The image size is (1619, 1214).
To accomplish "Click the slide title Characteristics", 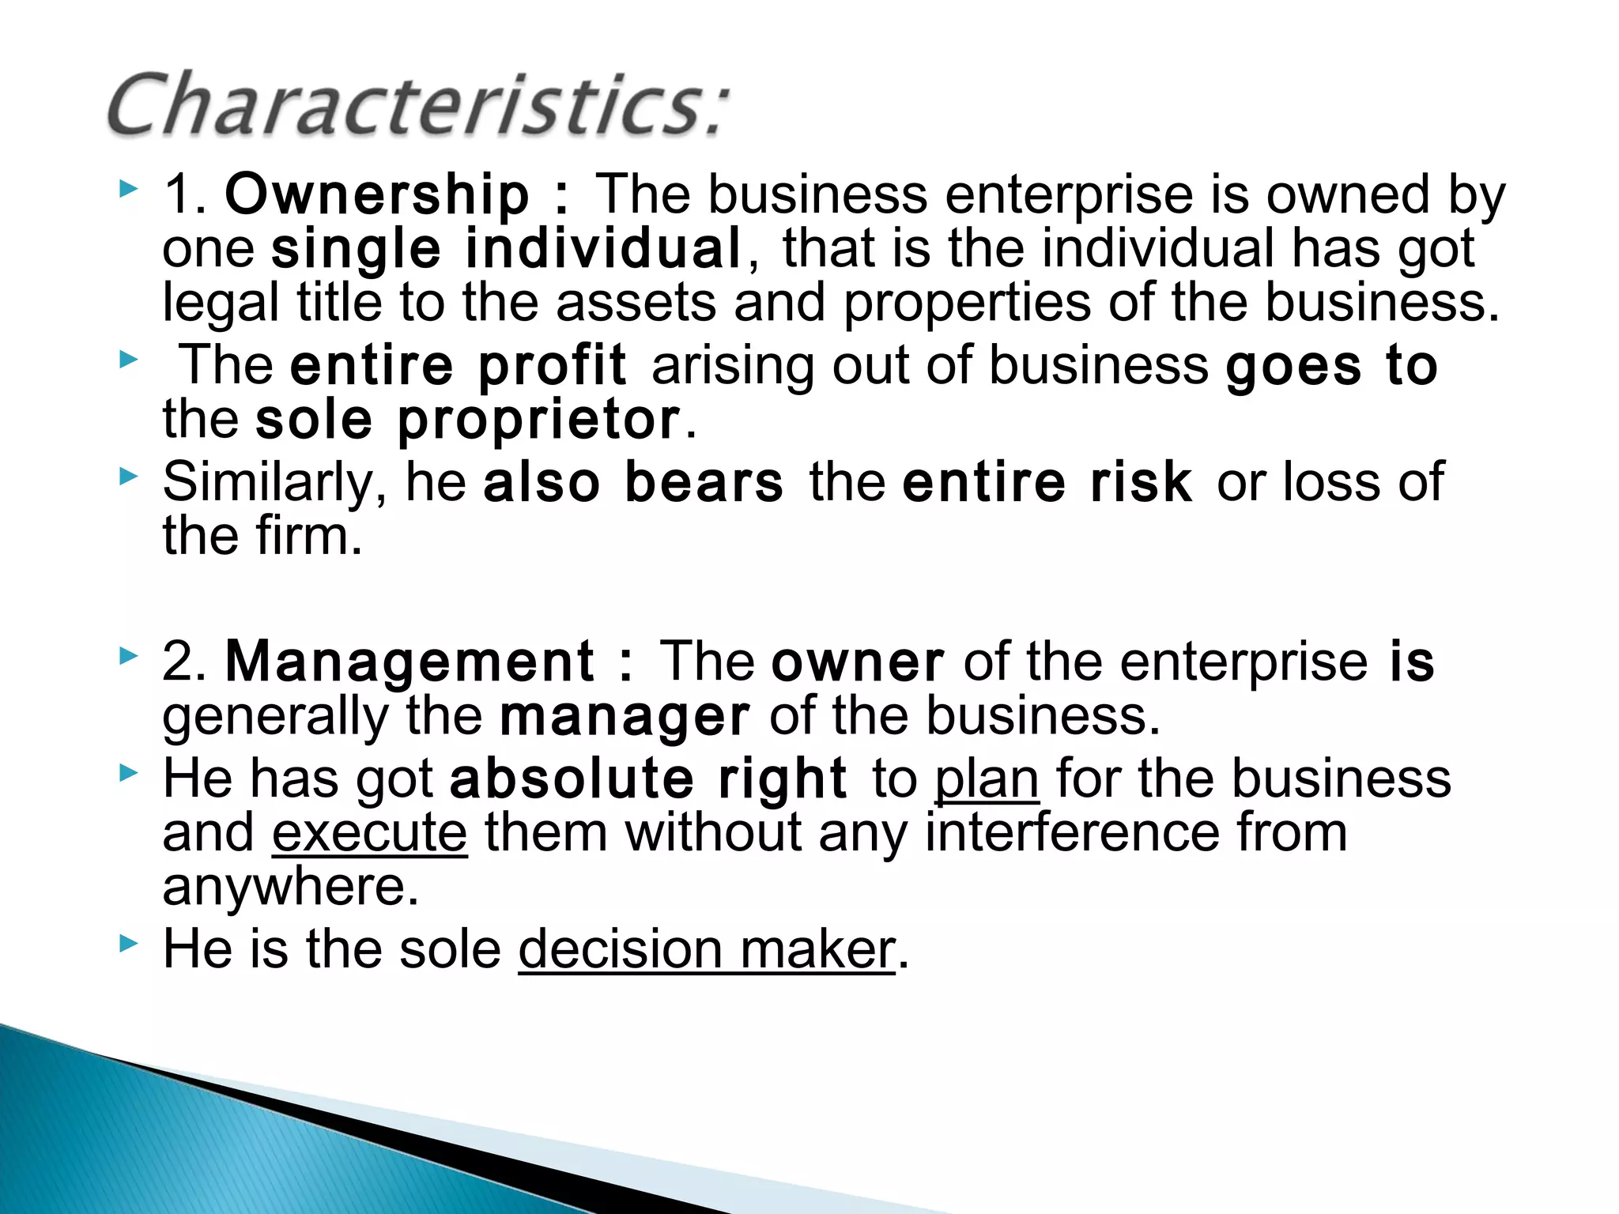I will pos(417,105).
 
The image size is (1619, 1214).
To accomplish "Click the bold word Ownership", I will pos(377,194).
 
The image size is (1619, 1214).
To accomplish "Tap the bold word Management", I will pos(409,662).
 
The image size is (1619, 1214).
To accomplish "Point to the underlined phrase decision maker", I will pos(707,950).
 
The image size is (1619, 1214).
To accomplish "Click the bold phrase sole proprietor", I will pos(468,420).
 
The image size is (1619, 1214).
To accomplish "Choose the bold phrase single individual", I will pos(507,249).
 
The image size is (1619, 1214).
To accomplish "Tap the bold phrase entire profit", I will pos(459,366).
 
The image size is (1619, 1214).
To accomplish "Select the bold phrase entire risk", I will pos(1047,482).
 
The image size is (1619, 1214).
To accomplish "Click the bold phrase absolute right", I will pos(648,779).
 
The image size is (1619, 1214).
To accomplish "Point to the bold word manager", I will pos(625,717).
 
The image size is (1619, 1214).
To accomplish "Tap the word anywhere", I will pos(289,888).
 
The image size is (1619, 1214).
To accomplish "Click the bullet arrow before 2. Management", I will pos(128,656).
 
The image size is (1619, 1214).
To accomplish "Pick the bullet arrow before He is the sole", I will pos(128,943).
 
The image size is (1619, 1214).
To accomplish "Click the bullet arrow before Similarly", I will pos(128,477).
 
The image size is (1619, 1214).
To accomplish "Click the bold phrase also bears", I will pos(633,482).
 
